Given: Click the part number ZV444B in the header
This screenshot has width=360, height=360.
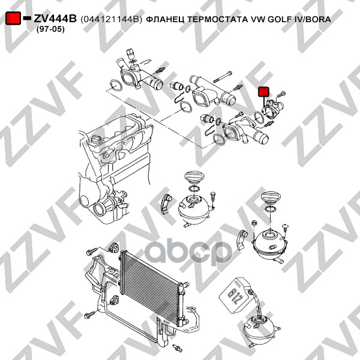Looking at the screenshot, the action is (x=55, y=19).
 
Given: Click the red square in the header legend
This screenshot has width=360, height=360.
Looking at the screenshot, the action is (x=13, y=19).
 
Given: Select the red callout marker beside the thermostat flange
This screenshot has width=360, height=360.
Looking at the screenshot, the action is (x=263, y=92).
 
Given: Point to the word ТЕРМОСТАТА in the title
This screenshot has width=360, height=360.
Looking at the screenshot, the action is (x=217, y=19).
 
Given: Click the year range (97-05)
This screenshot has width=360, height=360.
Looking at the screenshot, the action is (x=50, y=29).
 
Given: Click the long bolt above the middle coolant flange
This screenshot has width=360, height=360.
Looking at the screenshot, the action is (x=222, y=77).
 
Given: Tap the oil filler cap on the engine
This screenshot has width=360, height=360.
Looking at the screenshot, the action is (x=95, y=139).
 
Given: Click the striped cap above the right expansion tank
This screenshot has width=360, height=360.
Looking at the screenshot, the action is (x=270, y=198).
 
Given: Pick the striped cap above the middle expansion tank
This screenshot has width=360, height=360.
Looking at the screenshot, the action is (x=194, y=178).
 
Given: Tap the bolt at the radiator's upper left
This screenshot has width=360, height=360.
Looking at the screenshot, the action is (x=91, y=252).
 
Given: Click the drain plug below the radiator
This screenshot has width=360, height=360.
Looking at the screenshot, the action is (x=178, y=348).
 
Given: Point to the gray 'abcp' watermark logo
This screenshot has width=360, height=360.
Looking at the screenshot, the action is (x=188, y=251).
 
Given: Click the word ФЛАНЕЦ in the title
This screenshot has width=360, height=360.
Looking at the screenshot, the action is (x=166, y=20).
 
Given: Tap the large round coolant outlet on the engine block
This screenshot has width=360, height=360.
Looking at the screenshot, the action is (x=99, y=208).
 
